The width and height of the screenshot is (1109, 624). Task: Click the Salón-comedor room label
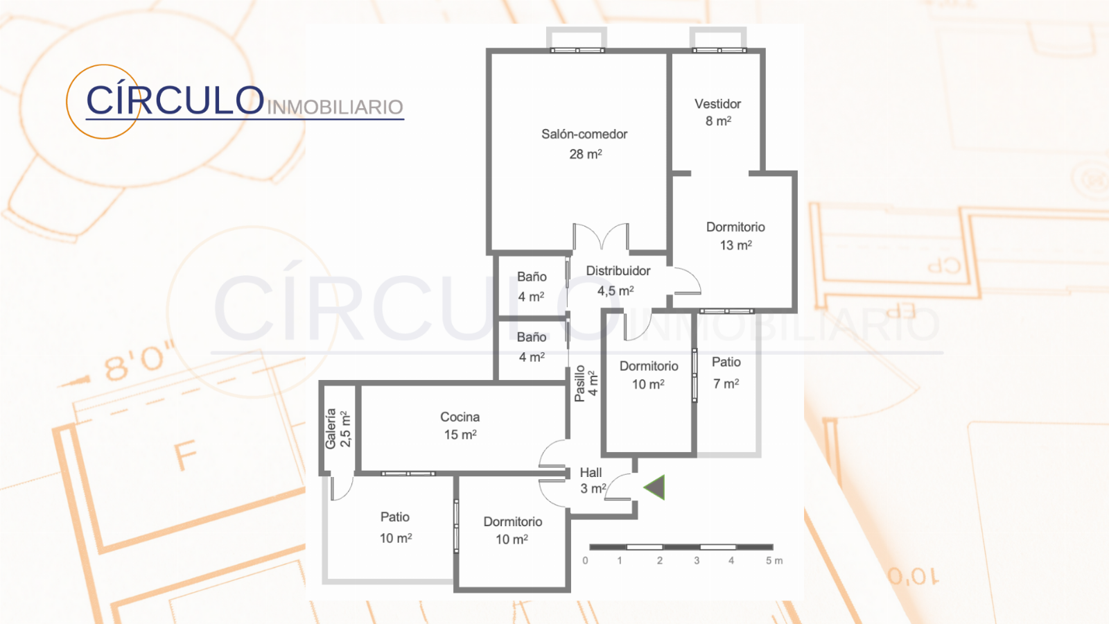[x=584, y=135]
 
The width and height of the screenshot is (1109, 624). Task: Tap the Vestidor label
[x=717, y=104]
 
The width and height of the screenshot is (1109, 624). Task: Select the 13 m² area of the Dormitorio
[x=735, y=245]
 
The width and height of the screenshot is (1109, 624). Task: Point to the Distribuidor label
[x=618, y=271]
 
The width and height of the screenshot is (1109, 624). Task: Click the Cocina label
[x=460, y=417]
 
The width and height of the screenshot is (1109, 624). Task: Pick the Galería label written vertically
[x=331, y=429]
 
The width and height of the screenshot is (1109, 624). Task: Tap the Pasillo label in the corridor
[x=579, y=383]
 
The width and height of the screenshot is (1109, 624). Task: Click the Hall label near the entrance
[x=591, y=472]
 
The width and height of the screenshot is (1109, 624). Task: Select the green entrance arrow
[x=654, y=487]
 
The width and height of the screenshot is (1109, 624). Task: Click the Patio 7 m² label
[x=726, y=372]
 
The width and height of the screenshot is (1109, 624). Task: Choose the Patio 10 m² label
[x=396, y=528]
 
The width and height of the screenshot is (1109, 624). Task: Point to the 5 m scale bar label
[x=774, y=561]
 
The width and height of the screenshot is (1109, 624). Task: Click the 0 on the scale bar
[x=585, y=561]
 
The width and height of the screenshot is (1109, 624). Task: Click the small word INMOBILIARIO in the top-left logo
[x=335, y=107]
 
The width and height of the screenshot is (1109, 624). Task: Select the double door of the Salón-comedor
[x=601, y=236]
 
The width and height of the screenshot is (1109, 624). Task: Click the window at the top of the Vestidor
[x=719, y=50]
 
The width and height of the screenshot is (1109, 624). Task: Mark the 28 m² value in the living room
[x=586, y=154]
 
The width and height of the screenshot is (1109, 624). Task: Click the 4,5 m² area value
[x=615, y=291]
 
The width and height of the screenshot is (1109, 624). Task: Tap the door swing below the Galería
[x=342, y=488]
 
